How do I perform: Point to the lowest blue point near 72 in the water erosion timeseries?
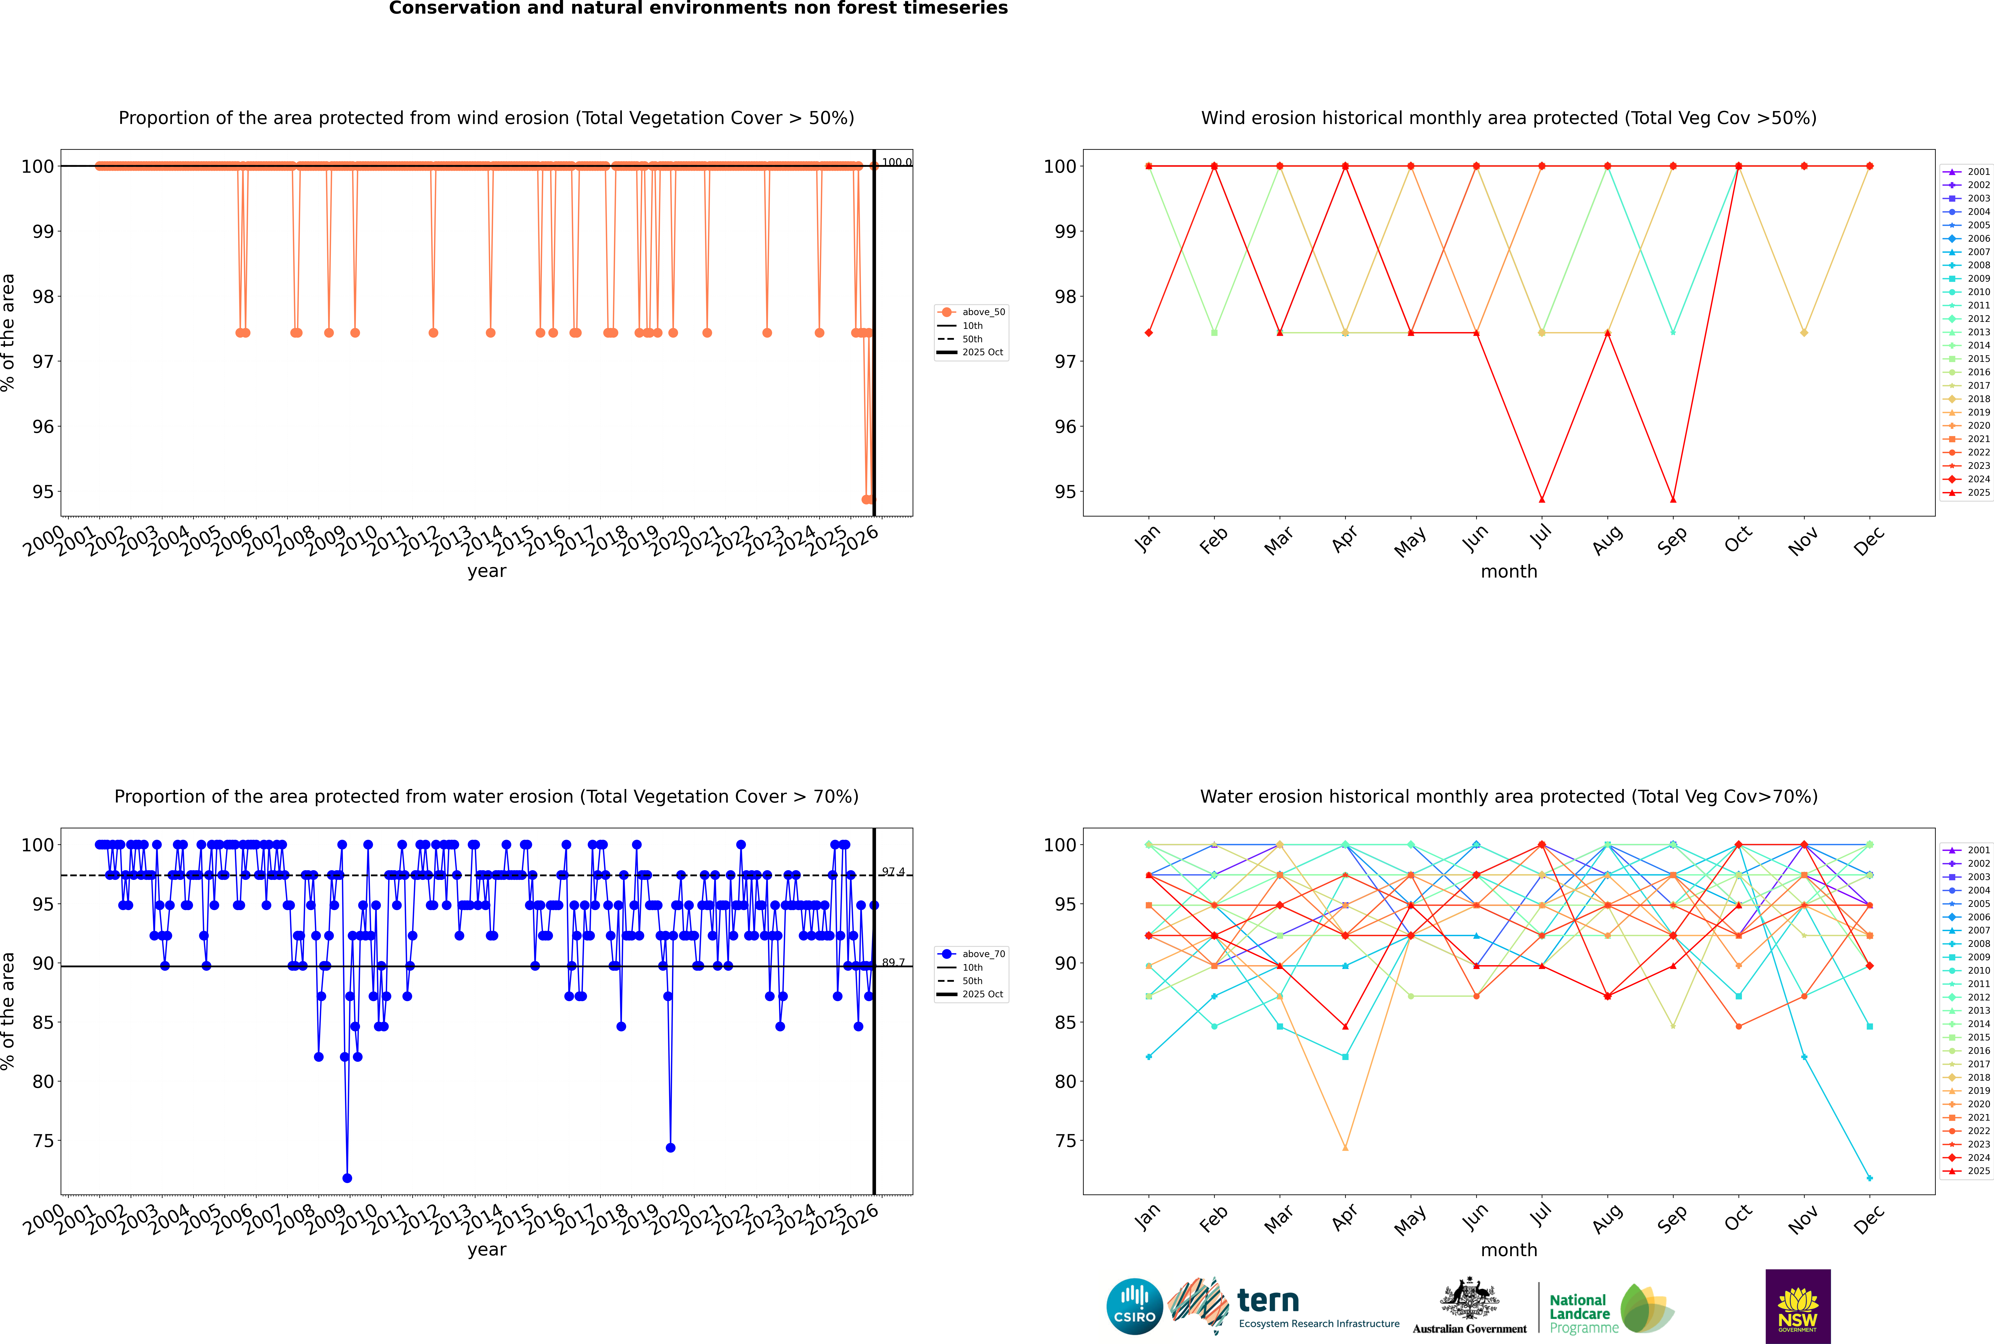347,1178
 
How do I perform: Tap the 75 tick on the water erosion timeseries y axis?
43,1141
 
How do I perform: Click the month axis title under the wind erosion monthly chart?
1509,572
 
